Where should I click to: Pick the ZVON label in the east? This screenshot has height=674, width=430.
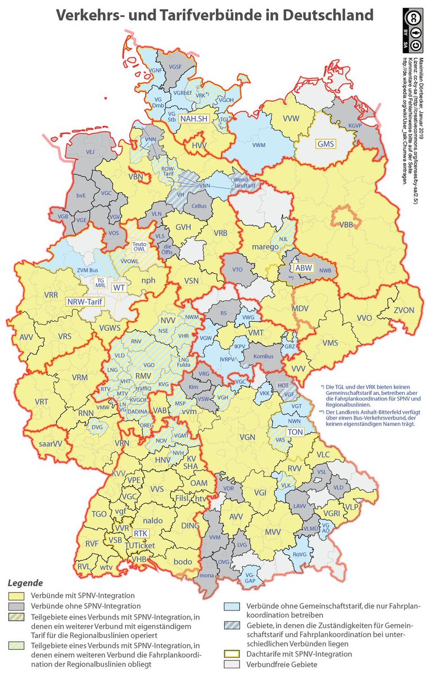(x=403, y=310)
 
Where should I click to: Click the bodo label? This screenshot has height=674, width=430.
(x=183, y=562)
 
